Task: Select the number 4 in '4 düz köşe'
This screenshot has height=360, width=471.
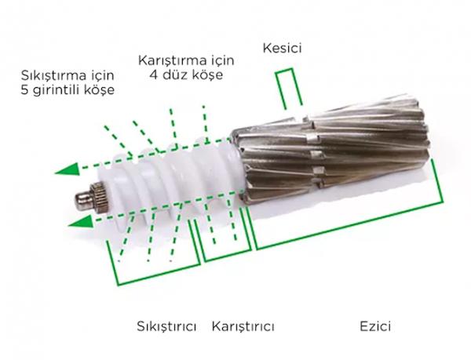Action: coord(152,75)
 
